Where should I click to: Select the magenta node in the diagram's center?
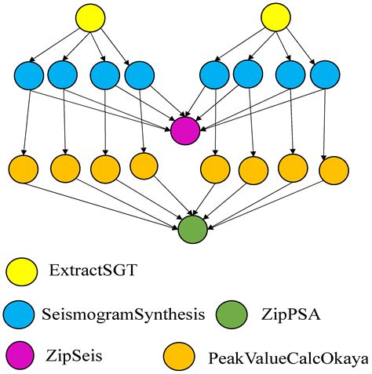[185, 129]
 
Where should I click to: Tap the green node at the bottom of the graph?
[192, 229]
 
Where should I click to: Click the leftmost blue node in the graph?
[29, 77]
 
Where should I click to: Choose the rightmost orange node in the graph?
[334, 169]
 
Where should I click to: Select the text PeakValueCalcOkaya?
[288, 358]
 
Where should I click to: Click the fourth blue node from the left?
[140, 76]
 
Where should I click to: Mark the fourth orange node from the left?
[143, 165]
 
